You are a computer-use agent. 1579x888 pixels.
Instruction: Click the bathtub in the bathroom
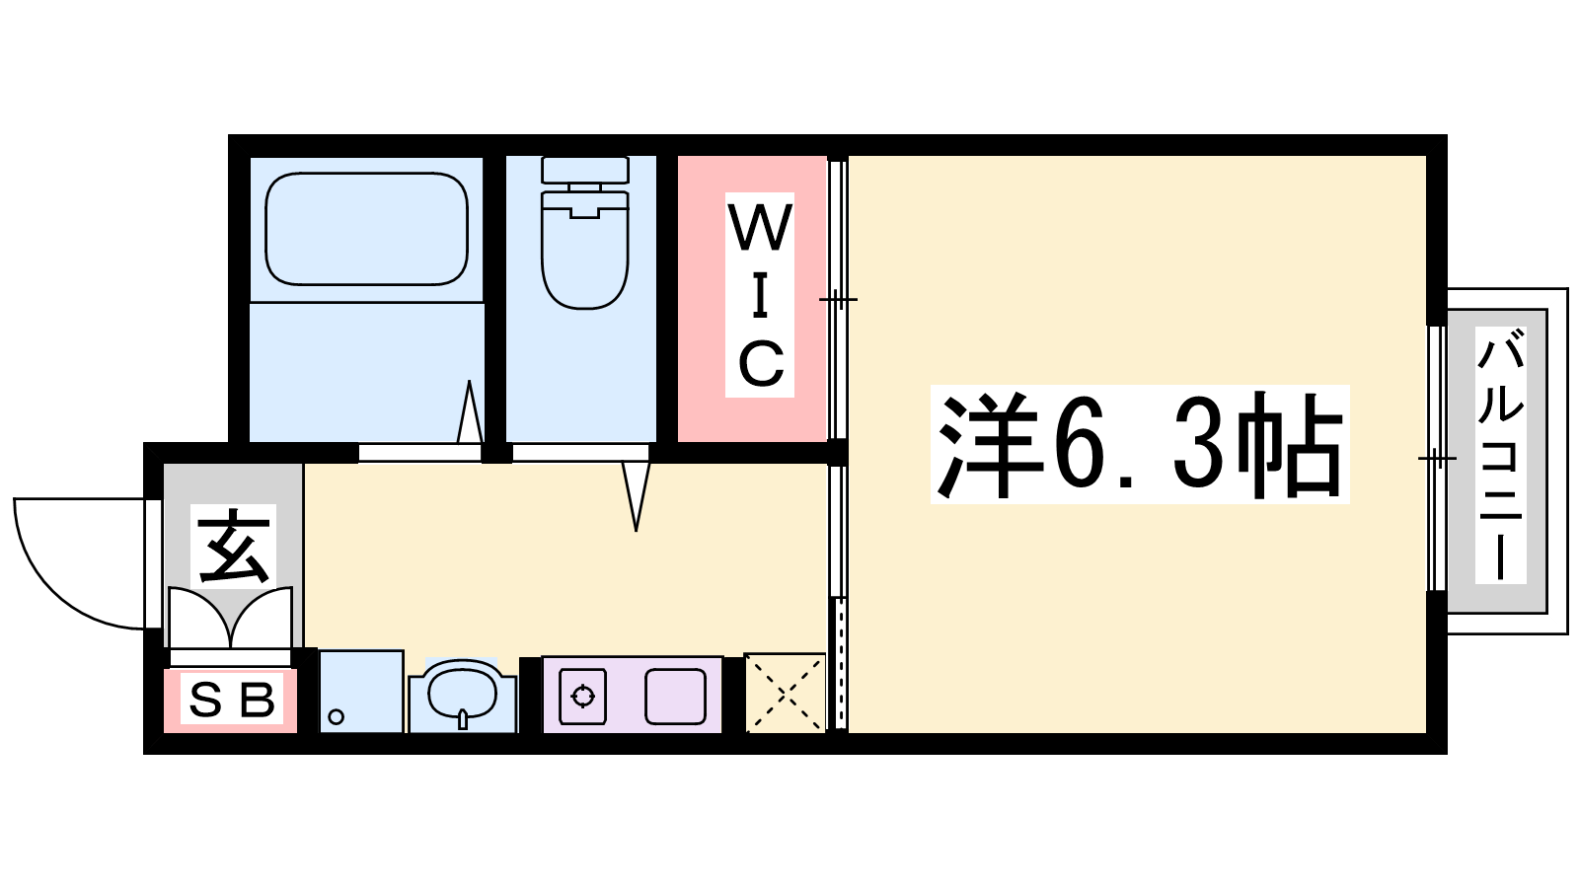[366, 229]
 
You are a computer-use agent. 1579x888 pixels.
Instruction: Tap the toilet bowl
[584, 251]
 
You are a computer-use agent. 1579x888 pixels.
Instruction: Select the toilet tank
[585, 170]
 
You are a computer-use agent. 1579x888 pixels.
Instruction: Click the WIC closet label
[760, 295]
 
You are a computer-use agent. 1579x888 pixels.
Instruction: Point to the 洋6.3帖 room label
[1140, 445]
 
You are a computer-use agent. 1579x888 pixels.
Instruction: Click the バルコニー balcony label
[1500, 455]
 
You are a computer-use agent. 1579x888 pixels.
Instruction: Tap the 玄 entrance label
[233, 547]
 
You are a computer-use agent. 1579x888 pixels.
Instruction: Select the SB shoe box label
[232, 699]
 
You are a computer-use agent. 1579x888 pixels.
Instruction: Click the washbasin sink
[463, 695]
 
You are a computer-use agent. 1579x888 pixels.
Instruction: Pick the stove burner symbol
[582, 697]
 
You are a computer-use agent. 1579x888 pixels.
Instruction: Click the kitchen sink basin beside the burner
[675, 697]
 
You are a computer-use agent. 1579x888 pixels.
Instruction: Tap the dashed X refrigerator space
[786, 693]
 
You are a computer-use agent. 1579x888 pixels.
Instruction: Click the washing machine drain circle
[337, 716]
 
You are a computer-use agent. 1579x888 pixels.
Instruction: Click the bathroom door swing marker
[470, 411]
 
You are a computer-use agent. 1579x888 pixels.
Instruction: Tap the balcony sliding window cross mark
[1437, 459]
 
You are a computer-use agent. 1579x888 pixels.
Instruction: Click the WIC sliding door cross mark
[838, 300]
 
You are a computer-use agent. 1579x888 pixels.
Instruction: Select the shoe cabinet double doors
[231, 619]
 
